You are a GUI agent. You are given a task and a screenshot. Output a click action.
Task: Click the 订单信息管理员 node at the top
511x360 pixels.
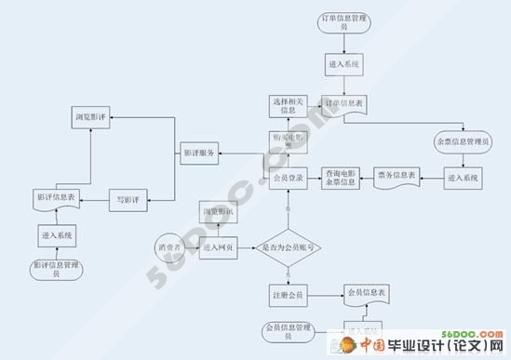tap(345, 22)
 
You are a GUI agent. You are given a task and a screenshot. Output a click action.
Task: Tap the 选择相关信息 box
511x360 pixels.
tap(289, 105)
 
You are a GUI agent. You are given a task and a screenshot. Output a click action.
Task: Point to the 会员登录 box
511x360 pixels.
tap(288, 177)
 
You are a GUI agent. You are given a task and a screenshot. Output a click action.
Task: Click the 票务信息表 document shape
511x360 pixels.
tap(397, 175)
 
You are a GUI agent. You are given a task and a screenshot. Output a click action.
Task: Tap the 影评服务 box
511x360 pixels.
tap(197, 154)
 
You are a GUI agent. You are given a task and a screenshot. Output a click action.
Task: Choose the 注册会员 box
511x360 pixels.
tap(289, 296)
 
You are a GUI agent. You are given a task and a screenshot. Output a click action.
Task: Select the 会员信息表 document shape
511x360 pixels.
tap(366, 294)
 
